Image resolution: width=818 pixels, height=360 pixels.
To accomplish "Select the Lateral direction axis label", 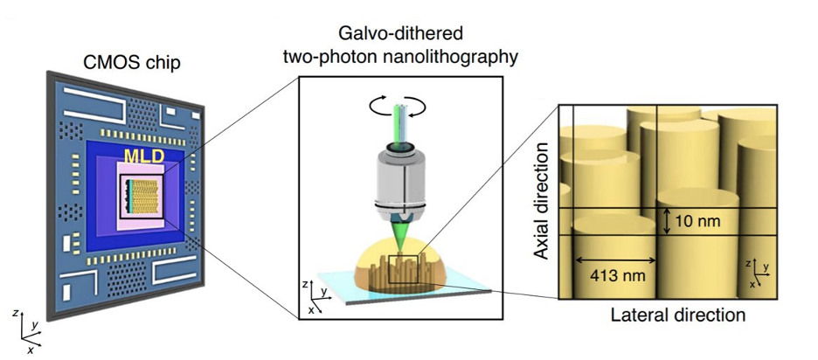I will point(678,315).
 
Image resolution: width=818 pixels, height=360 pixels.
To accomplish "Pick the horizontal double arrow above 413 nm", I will point(615,260).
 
